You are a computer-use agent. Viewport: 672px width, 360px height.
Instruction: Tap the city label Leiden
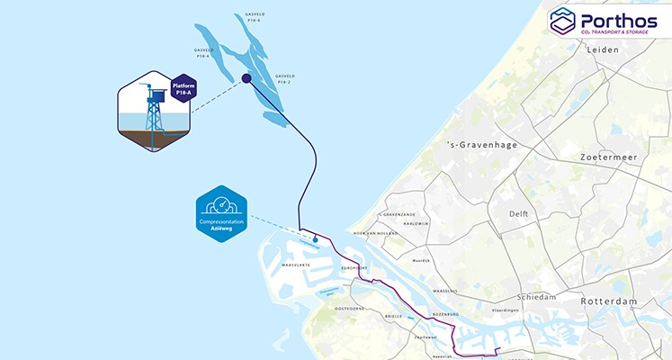click(604, 50)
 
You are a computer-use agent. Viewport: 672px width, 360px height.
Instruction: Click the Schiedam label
click(539, 297)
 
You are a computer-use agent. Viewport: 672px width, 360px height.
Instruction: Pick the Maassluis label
click(444, 292)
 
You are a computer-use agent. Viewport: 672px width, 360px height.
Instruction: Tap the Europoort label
click(355, 268)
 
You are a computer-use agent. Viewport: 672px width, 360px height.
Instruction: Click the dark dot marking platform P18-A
click(246, 79)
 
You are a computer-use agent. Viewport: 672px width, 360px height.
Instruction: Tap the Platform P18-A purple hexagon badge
click(184, 90)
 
